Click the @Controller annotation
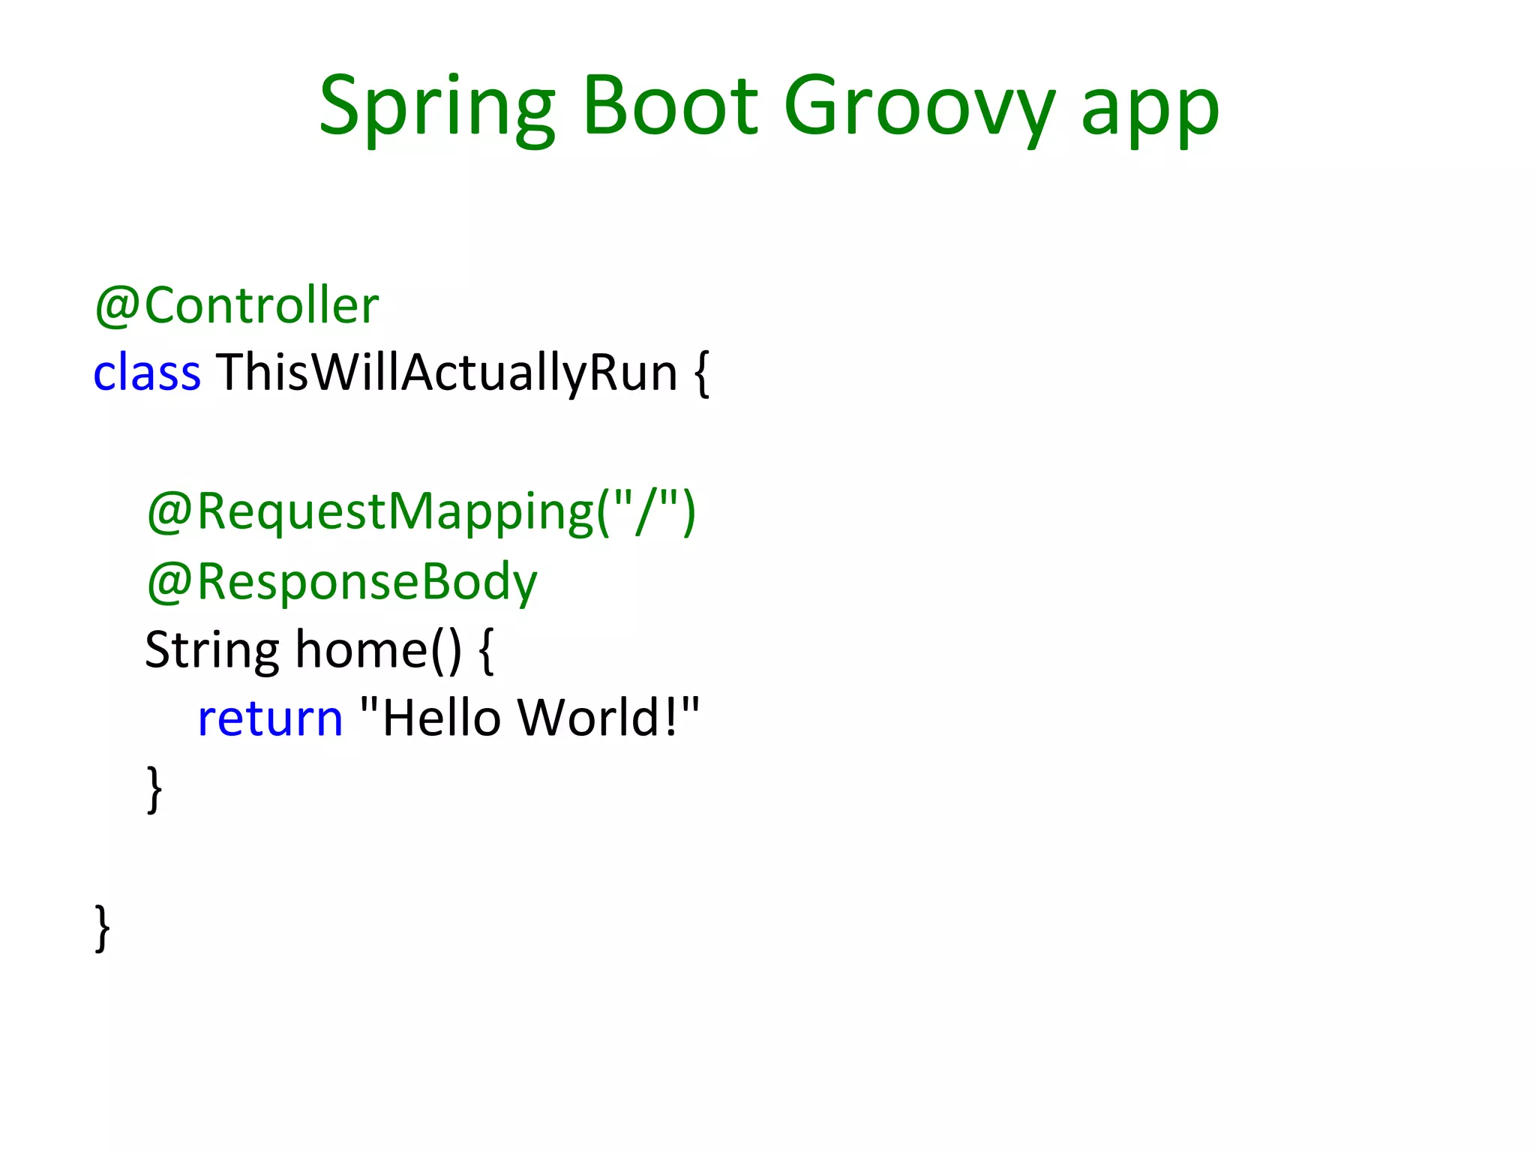(237, 306)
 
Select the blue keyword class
(147, 373)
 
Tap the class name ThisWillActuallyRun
(447, 373)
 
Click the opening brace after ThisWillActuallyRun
(701, 373)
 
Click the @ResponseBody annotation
(342, 582)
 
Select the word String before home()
(212, 649)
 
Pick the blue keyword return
(270, 718)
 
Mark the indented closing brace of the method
(154, 787)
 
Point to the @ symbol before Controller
(117, 306)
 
